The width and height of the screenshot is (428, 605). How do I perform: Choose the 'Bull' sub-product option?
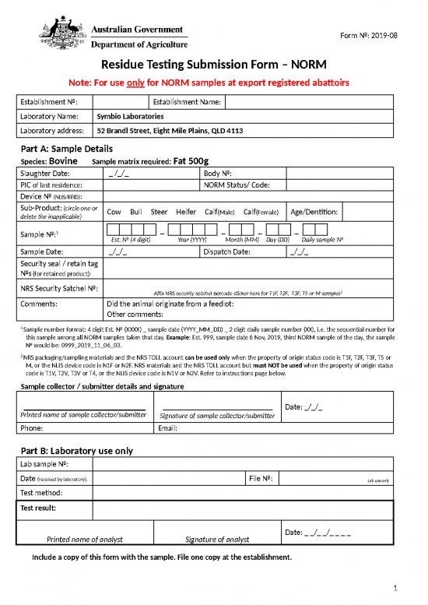137,213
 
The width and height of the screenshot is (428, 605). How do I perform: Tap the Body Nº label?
219,173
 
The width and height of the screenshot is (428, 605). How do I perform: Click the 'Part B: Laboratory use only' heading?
76,450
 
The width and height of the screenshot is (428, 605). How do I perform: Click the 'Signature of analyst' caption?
217,539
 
